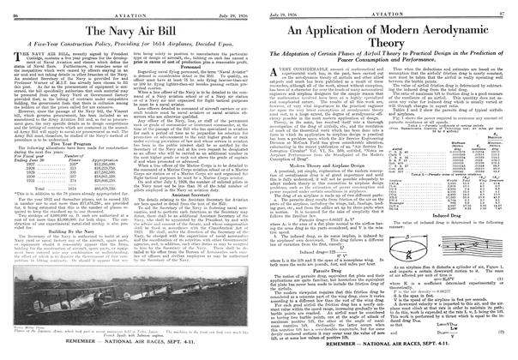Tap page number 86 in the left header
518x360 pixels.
[12, 6]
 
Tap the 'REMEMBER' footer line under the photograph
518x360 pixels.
[129, 353]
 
